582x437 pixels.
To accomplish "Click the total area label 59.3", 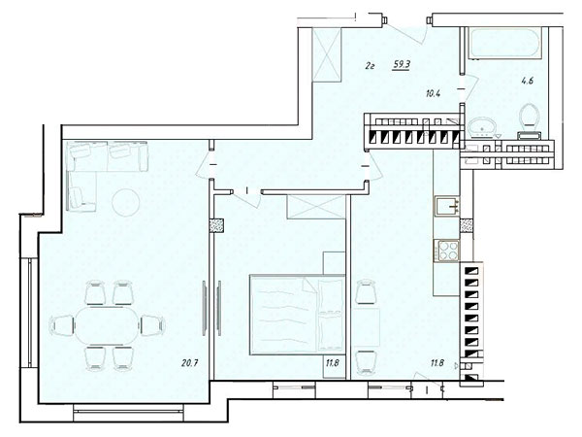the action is click(402, 65).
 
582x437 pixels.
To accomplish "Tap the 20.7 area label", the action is click(189, 362).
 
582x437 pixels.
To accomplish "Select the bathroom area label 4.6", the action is click(527, 81).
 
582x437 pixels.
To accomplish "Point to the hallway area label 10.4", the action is click(433, 93).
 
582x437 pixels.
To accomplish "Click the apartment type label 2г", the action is click(369, 66).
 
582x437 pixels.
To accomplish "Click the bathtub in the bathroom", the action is click(504, 43).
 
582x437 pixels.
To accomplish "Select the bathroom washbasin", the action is click(481, 127).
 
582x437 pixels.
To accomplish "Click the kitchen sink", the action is click(447, 206).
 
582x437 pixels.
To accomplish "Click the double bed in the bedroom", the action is click(298, 315).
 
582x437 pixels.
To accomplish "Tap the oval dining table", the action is click(108, 325).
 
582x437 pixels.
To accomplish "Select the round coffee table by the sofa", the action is click(126, 203).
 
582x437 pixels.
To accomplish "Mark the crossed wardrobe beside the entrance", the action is click(327, 54).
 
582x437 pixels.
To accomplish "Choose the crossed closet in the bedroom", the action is click(315, 207).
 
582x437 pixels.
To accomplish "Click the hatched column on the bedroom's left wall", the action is click(216, 225).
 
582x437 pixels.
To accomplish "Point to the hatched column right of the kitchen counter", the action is click(467, 225).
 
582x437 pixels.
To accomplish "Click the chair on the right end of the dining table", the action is click(152, 325).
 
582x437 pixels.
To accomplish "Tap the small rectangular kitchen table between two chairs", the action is click(366, 327).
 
